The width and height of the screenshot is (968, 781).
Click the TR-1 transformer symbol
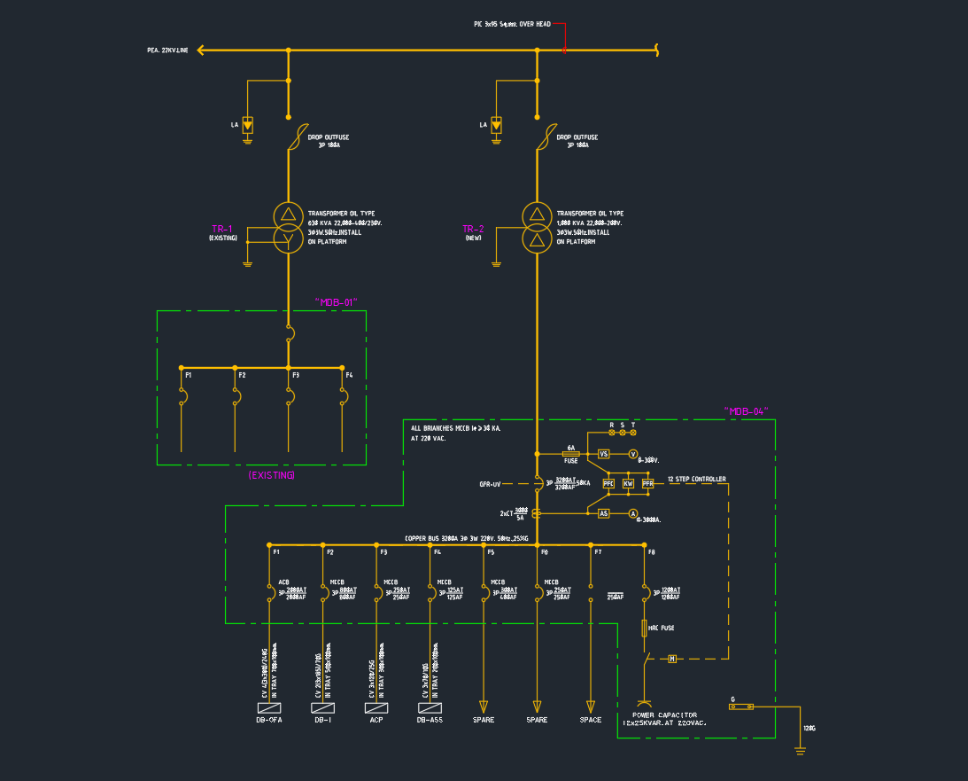point(288,228)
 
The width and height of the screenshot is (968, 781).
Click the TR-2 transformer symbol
point(536,228)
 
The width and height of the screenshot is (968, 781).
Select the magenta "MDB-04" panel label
point(746,411)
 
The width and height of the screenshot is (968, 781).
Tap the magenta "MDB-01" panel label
point(337,302)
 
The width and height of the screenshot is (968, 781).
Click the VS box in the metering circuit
point(604,453)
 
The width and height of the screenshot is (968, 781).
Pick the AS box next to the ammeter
point(604,513)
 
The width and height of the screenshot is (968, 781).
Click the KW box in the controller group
point(628,483)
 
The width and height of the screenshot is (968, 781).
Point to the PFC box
point(608,483)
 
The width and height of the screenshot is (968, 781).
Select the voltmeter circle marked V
point(633,453)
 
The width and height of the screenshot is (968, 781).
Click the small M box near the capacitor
point(672,659)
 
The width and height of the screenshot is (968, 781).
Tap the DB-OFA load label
point(269,720)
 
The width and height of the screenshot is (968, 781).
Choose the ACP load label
point(376,720)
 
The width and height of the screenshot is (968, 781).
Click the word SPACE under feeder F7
point(591,720)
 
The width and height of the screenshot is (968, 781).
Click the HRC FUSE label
point(662,628)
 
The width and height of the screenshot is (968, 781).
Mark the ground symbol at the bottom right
point(801,751)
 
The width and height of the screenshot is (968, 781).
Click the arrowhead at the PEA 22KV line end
point(201,51)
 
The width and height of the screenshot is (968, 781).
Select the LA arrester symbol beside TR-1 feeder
point(248,125)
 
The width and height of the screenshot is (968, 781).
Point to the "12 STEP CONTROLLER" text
point(696,480)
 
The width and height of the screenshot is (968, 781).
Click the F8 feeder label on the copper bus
point(651,552)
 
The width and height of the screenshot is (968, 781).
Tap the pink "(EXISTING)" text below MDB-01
point(272,476)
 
